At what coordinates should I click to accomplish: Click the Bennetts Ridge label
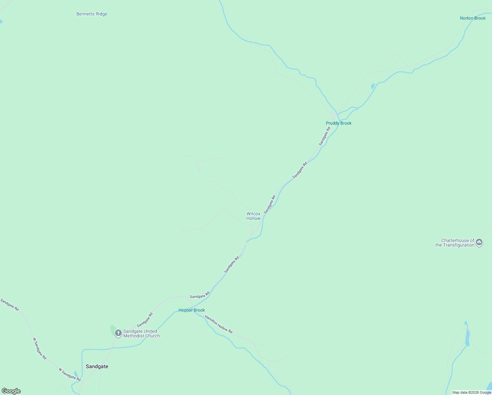click(92, 14)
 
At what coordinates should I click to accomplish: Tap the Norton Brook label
click(473, 18)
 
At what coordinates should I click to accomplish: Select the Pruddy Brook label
click(338, 123)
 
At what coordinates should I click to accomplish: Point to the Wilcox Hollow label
click(253, 216)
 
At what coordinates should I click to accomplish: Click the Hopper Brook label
click(191, 310)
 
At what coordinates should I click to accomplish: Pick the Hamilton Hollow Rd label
click(219, 324)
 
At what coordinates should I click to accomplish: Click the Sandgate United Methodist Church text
click(141, 333)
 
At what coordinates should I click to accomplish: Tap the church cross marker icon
click(118, 333)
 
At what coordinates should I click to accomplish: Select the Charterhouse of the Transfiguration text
click(455, 243)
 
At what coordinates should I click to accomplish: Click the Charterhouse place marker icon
click(479, 243)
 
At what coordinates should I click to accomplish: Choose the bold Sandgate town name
click(97, 366)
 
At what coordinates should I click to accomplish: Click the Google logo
click(11, 391)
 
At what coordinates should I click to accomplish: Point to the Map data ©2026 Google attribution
click(472, 392)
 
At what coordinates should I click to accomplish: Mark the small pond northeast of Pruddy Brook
click(373, 86)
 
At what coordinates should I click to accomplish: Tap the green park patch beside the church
click(113, 329)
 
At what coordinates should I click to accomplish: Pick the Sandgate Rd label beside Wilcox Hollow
click(270, 204)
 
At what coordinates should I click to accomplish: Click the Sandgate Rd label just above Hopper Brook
click(200, 295)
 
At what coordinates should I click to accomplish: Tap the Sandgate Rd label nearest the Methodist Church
click(145, 320)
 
